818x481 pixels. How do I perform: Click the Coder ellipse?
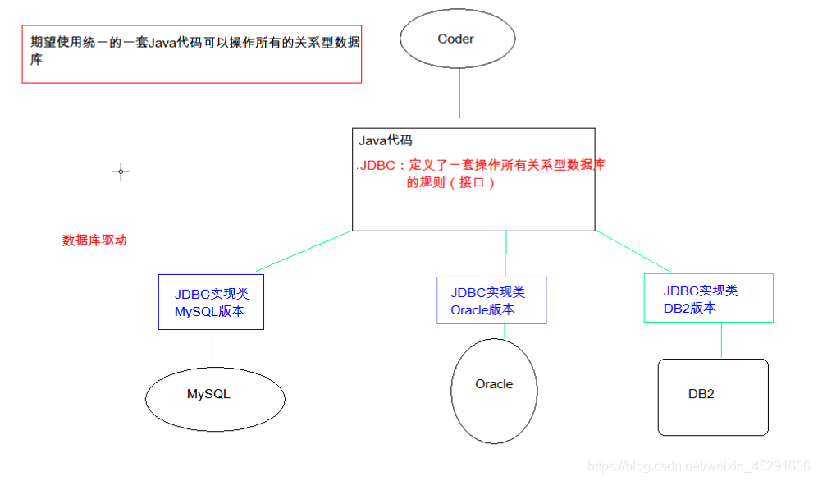click(457, 39)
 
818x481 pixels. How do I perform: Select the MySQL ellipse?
click(215, 398)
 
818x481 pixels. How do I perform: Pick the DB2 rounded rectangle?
click(712, 397)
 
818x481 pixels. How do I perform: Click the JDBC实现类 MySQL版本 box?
click(211, 302)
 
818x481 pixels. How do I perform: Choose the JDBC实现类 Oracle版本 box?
click(491, 300)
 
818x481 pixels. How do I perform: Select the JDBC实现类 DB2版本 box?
click(708, 298)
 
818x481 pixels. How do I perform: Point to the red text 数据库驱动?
click(94, 240)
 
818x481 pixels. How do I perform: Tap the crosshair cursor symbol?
click(121, 172)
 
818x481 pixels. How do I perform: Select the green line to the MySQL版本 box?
click(304, 251)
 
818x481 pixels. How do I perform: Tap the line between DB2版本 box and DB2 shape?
click(721, 340)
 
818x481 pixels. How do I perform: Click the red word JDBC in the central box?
click(377, 165)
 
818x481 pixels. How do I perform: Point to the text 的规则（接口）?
click(451, 183)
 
